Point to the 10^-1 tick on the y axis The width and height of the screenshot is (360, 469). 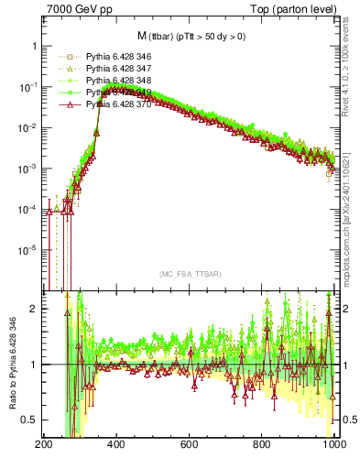pos(27,87)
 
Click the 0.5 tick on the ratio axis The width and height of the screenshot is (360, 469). pos(29,420)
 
